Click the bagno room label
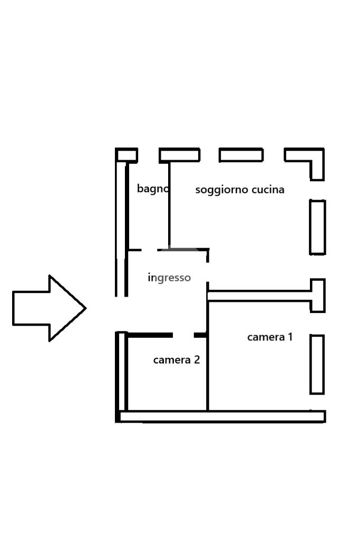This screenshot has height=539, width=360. pos(152,189)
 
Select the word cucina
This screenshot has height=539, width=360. pos(268,189)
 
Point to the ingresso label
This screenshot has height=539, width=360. pos(169,278)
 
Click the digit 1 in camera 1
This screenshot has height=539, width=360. pos(289,336)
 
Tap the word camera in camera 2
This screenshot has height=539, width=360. pos(171,360)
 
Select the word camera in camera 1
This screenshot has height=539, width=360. pos(265,337)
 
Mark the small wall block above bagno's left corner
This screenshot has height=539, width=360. pos(127,155)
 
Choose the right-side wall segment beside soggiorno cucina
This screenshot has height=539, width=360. pos(317,227)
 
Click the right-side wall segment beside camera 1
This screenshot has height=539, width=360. pos(317,364)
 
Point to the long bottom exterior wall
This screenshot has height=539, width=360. pos(221,417)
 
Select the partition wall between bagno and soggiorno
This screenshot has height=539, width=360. pos(169,205)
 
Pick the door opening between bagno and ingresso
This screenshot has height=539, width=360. pos(149,250)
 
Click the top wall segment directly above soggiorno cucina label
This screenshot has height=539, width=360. pos(241,155)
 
